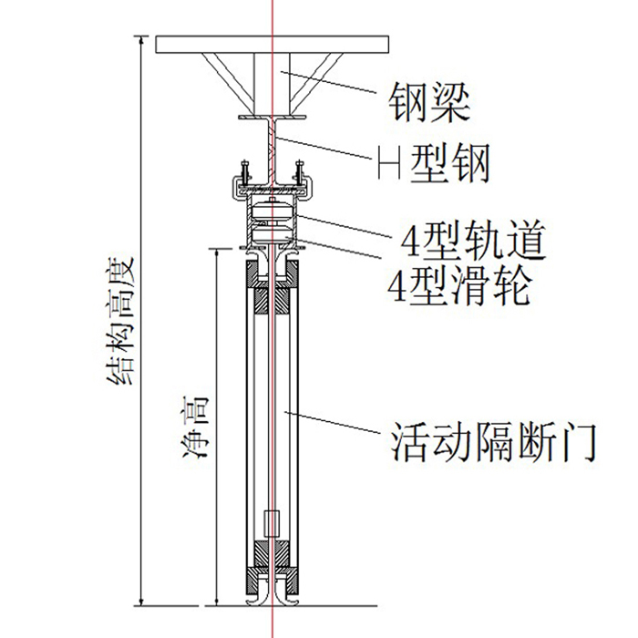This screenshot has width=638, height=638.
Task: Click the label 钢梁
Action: (428, 102)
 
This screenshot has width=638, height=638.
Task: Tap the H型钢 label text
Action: (434, 164)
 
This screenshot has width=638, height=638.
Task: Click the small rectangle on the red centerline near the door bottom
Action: (270, 523)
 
